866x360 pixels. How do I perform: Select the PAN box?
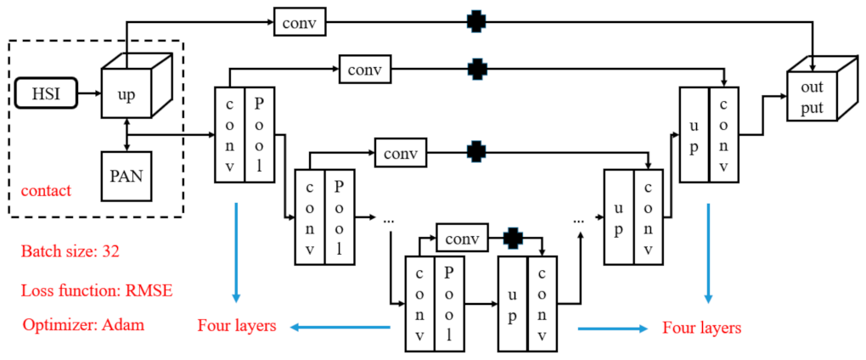(x=127, y=176)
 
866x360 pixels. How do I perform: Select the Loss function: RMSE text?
(x=95, y=290)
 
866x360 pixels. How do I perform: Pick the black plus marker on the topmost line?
(x=477, y=22)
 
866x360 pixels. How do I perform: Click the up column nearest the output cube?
(x=694, y=133)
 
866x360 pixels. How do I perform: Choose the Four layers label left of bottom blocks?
(x=237, y=326)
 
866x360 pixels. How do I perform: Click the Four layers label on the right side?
(x=701, y=327)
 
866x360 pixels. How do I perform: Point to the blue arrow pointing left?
(x=340, y=326)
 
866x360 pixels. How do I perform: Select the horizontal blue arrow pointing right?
(x=611, y=327)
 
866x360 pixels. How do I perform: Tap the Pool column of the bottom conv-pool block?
(x=448, y=303)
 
